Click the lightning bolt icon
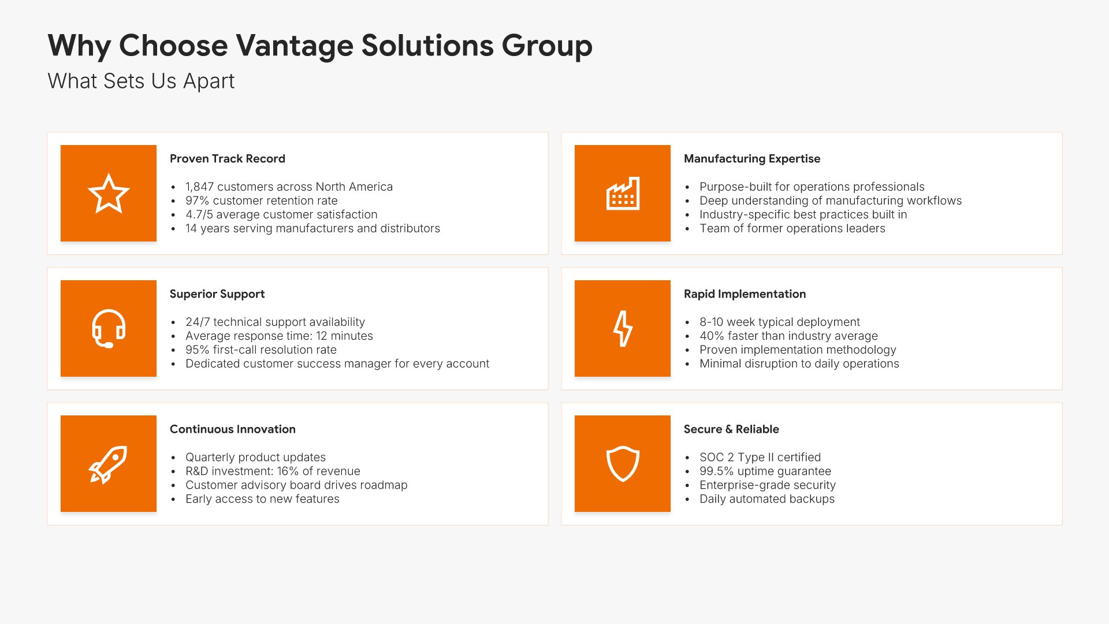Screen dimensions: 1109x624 tap(623, 329)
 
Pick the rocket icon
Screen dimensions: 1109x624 tap(108, 465)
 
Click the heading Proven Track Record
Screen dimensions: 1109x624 tap(228, 159)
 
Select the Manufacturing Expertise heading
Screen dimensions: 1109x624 tap(752, 159)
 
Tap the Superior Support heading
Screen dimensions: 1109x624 tap(217, 294)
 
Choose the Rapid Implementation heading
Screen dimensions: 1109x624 tap(745, 294)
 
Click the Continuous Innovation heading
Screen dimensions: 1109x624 tap(233, 429)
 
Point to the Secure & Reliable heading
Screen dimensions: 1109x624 tap(731, 429)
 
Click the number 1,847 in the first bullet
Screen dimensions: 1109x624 tap(199, 187)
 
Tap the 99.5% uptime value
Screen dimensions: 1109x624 tap(717, 471)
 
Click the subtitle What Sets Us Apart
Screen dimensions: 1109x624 tap(141, 81)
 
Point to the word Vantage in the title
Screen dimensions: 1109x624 tap(295, 46)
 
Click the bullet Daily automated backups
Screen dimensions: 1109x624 tap(767, 499)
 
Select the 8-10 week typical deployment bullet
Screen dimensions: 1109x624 tap(780, 322)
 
